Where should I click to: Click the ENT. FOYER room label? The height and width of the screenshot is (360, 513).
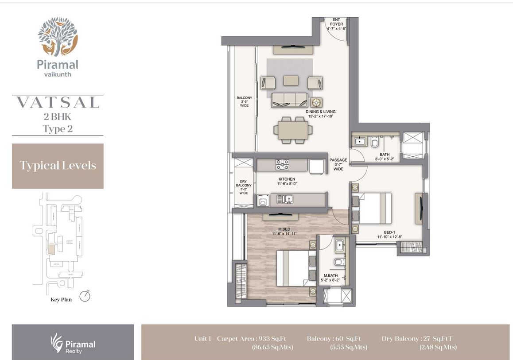[336, 24]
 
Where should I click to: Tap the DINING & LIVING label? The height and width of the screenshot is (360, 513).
[320, 114]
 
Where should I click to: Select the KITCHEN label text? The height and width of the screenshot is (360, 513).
[287, 182]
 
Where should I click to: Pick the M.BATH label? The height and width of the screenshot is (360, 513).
[330, 278]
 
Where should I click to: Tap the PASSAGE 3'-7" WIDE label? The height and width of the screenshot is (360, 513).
[338, 164]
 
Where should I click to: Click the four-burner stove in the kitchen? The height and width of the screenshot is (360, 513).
[283, 164]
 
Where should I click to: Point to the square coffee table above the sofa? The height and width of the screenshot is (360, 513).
[291, 80]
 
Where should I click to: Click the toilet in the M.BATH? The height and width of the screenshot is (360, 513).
[339, 262]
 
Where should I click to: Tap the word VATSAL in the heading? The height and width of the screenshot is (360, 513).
[58, 103]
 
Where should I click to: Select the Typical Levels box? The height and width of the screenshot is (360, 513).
[58, 166]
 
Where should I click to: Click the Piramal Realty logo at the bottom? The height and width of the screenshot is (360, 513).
[73, 342]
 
